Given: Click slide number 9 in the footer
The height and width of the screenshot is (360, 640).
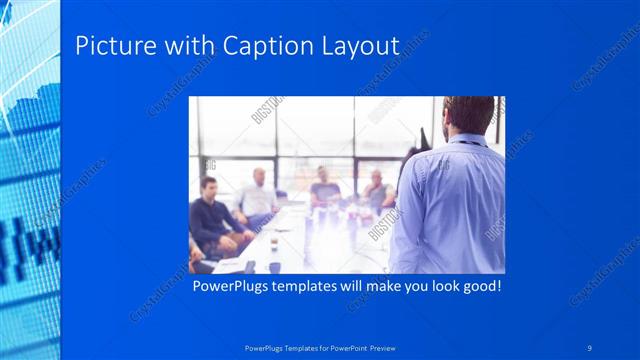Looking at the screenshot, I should [590, 347].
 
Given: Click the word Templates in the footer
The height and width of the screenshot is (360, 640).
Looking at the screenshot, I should [295, 347].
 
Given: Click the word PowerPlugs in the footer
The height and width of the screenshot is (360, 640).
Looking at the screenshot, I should [262, 347].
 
